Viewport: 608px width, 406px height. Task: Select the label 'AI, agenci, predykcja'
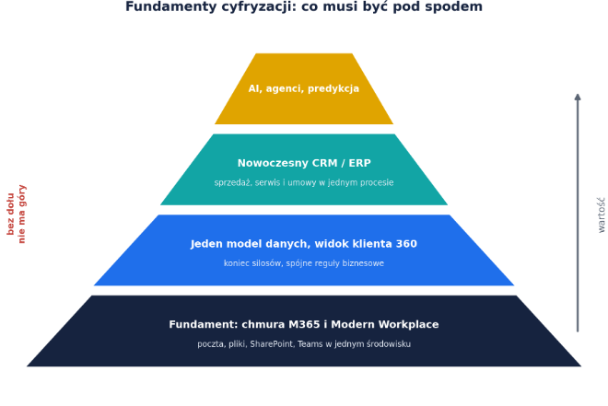point(304,88)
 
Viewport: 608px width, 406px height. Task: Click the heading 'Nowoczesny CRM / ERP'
point(304,163)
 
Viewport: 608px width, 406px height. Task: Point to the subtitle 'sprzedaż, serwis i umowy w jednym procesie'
point(304,182)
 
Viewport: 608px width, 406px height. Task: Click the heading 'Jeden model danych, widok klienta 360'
point(304,244)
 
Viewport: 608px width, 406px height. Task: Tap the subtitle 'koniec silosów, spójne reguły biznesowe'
point(304,263)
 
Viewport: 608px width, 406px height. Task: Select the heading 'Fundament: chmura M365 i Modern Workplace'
point(304,324)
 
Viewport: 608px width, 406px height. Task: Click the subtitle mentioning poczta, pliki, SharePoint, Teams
point(304,344)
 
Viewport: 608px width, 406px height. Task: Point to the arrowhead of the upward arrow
point(578,97)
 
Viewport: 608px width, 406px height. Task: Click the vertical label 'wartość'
point(601,215)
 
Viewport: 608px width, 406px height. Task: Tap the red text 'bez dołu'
point(10,215)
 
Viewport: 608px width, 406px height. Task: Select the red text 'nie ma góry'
point(21,215)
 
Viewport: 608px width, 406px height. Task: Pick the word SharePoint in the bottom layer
point(271,344)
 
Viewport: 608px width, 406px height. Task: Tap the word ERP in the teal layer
point(359,163)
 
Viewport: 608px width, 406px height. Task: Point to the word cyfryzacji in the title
point(255,7)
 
